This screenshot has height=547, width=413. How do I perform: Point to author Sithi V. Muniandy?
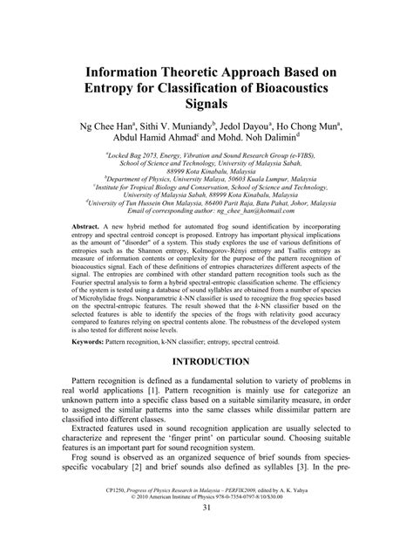182,125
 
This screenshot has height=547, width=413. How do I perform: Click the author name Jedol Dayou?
260,125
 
